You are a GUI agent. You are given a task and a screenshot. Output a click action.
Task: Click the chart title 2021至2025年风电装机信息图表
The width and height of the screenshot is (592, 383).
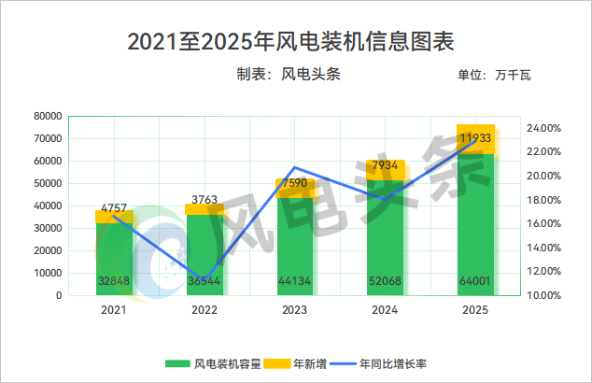click(295, 41)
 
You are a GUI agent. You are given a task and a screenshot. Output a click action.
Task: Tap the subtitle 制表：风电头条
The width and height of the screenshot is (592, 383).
click(288, 76)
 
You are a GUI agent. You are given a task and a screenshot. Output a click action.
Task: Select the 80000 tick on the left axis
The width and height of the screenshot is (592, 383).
click(47, 116)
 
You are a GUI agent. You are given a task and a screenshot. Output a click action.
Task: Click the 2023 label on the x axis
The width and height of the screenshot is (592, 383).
click(294, 310)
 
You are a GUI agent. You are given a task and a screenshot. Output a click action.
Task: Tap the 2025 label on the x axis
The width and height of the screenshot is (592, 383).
click(475, 310)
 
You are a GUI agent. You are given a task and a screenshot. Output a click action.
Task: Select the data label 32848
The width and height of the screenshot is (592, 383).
click(113, 281)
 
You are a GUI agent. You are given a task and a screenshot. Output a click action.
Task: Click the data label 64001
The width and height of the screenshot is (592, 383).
click(475, 281)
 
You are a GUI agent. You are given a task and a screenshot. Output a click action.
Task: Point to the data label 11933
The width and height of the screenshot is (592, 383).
click(475, 138)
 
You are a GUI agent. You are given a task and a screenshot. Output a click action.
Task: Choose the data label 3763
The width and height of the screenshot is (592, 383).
click(204, 199)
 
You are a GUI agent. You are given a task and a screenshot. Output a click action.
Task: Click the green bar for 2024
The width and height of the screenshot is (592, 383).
click(385, 243)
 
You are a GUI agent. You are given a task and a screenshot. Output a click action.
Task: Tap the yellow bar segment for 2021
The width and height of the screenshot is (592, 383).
click(114, 217)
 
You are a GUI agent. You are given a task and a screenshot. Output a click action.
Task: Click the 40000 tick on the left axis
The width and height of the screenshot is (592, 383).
click(47, 206)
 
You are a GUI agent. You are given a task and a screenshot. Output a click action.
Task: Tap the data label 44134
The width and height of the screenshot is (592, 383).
click(294, 281)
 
